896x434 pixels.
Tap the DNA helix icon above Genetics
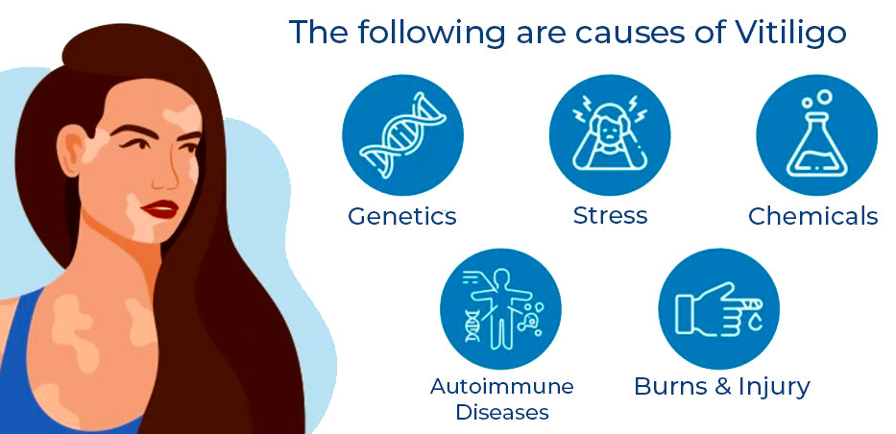402,134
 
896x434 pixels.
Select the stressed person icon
610,133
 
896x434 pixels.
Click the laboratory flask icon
816,134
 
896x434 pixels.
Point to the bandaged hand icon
719,309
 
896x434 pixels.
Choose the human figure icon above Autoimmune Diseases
500,307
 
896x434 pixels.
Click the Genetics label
402,216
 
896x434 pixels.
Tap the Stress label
610,215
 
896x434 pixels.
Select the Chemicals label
813,216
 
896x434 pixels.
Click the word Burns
671,387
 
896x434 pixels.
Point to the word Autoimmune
501,386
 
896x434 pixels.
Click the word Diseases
502,412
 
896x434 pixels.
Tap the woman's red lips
161,209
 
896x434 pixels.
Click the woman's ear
70,150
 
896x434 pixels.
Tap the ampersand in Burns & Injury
723,387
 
